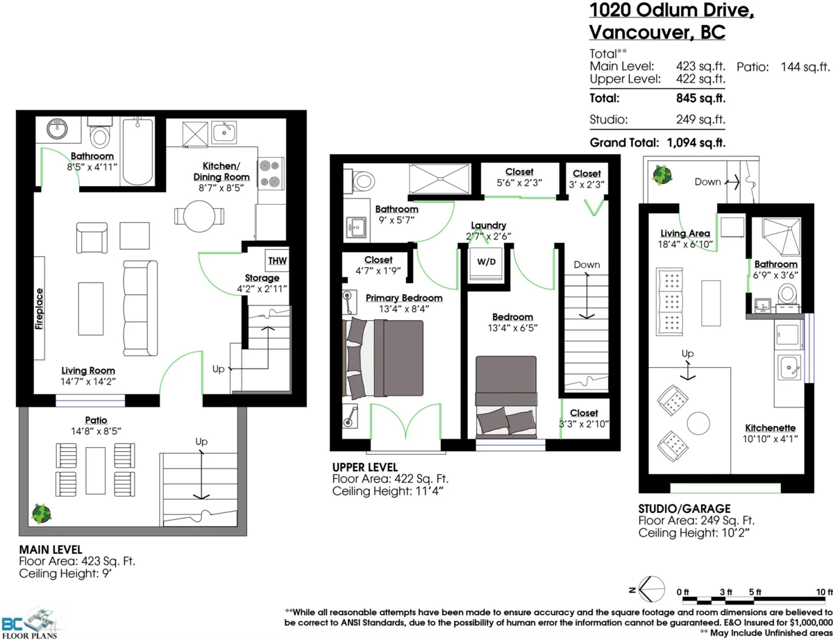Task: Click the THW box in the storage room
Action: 277,260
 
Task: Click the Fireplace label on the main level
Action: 39,309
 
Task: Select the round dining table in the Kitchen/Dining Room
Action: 199,217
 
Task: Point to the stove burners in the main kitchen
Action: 269,174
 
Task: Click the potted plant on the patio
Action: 42,514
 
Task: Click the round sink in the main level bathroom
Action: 57,129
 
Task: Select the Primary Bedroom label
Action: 404,298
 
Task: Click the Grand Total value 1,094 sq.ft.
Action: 696,142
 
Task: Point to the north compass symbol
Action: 651,589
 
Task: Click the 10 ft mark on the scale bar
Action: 825,592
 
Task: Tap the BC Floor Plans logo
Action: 29,623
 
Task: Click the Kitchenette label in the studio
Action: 771,428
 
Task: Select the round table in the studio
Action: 698,423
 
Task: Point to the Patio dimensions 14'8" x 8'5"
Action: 96,431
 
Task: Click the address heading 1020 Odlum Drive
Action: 672,10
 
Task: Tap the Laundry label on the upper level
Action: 489,225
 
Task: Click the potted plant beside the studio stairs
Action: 662,175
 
